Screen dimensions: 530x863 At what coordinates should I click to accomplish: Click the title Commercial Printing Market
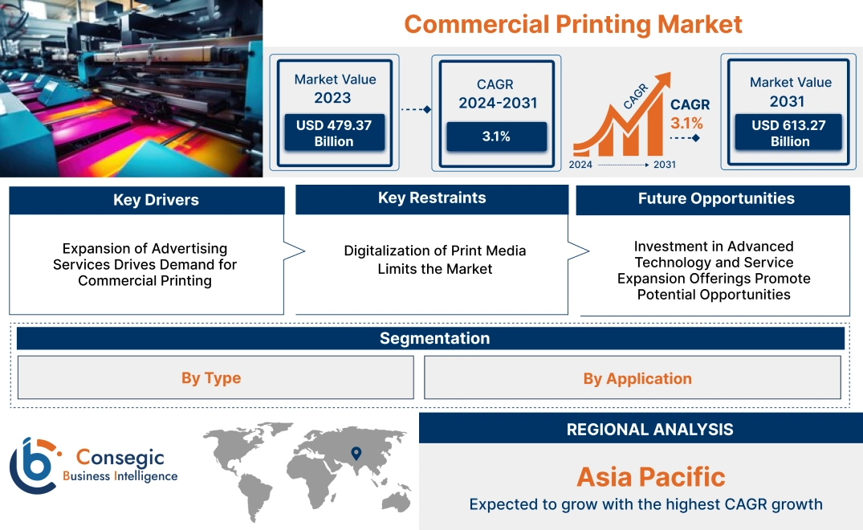pyautogui.click(x=572, y=24)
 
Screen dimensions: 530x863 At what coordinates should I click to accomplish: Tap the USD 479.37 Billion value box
pyautogui.click(x=334, y=133)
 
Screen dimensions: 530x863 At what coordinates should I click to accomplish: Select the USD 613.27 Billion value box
pyautogui.click(x=790, y=133)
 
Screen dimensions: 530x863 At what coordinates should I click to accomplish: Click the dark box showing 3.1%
pyautogui.click(x=496, y=137)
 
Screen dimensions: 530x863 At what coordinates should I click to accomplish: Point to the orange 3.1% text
pyautogui.click(x=686, y=124)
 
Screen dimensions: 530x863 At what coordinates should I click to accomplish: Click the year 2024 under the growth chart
pyautogui.click(x=581, y=165)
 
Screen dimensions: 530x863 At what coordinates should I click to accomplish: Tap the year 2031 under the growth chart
pyautogui.click(x=664, y=165)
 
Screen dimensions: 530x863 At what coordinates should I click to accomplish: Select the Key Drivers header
pyautogui.click(x=146, y=200)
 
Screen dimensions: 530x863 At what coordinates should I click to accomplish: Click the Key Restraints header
pyautogui.click(x=432, y=198)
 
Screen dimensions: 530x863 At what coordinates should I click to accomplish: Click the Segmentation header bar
pyautogui.click(x=434, y=338)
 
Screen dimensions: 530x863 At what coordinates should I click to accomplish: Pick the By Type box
pyautogui.click(x=211, y=378)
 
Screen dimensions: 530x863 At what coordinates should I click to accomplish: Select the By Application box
pyautogui.click(x=637, y=378)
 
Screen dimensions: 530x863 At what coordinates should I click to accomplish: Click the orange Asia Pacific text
pyautogui.click(x=650, y=477)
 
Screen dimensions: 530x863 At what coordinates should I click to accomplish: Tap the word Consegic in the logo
pyautogui.click(x=120, y=458)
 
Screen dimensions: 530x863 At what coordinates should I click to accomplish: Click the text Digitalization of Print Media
pyautogui.click(x=434, y=251)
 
